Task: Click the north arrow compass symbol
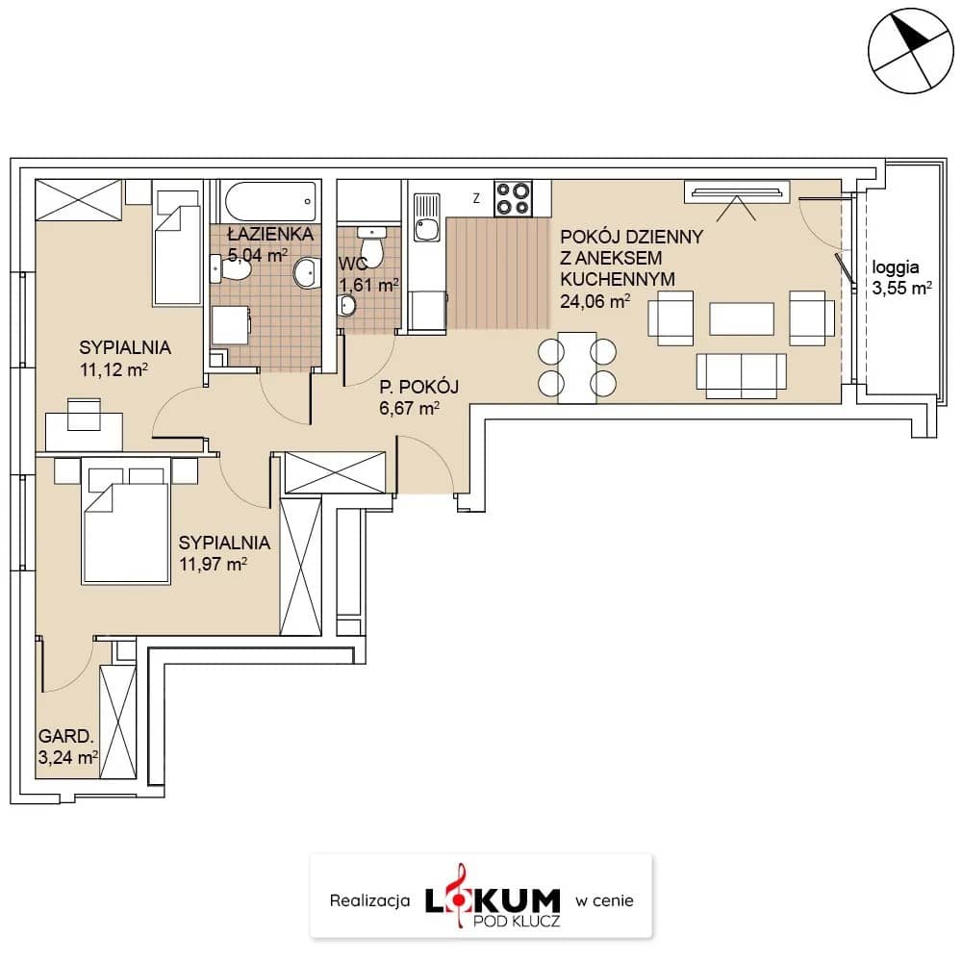(910, 51)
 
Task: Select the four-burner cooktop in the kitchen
(514, 198)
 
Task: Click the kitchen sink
(427, 217)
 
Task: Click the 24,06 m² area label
(595, 301)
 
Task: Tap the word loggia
(895, 267)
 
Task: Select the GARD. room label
(65, 736)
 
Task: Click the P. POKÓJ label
(419, 387)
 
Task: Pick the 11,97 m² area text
(213, 564)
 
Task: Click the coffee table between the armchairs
(741, 318)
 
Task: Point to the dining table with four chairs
(576, 367)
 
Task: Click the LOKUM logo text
(493, 900)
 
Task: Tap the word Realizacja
(369, 900)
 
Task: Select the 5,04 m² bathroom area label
(258, 254)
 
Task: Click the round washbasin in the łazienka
(306, 273)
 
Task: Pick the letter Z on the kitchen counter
(476, 198)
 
